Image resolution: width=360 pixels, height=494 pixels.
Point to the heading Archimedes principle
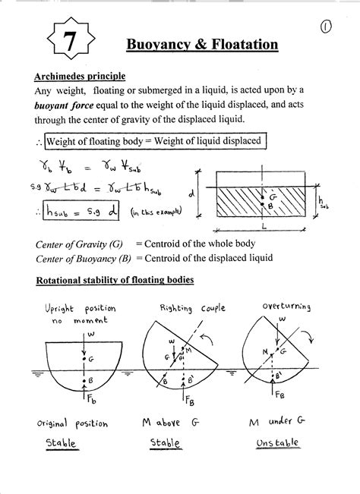point(80,77)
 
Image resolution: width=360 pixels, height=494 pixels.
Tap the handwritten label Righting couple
point(187,309)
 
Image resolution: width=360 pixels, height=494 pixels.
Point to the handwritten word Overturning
point(286,306)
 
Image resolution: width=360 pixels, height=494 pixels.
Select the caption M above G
point(178,423)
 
